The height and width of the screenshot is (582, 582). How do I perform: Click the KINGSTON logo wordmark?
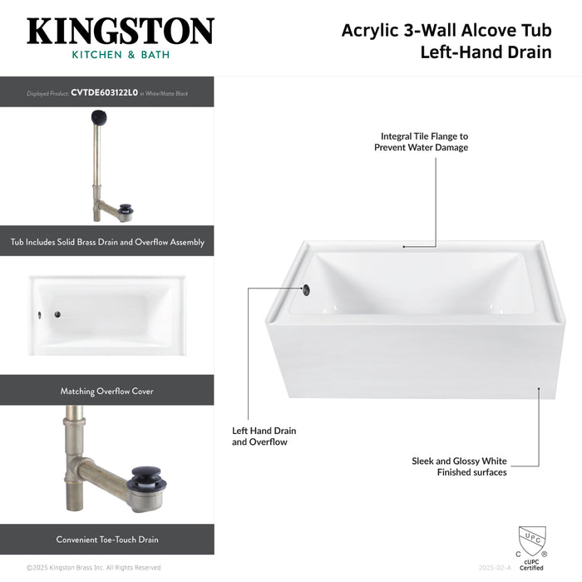click(x=120, y=32)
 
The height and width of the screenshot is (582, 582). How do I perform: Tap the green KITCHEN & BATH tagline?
click(x=120, y=55)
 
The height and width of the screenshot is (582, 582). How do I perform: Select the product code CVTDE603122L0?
click(x=104, y=93)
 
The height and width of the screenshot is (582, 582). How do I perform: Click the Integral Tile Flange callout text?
click(x=424, y=141)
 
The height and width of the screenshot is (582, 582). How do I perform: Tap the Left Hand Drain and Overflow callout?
click(x=264, y=436)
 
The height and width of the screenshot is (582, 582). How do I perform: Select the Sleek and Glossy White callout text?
click(x=459, y=466)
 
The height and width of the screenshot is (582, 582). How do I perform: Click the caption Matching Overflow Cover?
click(x=106, y=391)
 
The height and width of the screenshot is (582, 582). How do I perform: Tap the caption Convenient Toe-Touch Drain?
click(x=106, y=540)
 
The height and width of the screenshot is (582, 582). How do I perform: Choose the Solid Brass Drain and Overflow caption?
click(x=106, y=242)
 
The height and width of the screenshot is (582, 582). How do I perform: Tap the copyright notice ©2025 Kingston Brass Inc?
click(x=93, y=568)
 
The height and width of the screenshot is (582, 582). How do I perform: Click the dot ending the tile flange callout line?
click(x=404, y=246)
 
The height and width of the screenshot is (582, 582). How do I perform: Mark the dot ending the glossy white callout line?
click(x=539, y=387)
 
